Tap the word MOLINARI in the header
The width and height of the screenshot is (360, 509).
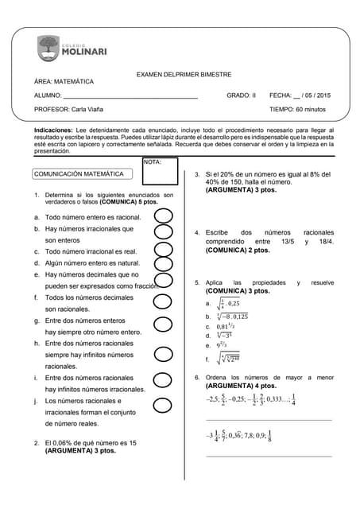[90, 53]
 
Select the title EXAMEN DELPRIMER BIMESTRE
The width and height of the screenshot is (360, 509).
[184, 75]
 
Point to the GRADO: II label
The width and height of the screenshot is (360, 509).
[241, 95]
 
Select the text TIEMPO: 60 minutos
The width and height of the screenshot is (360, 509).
[297, 109]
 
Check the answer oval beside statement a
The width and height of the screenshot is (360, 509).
[163, 216]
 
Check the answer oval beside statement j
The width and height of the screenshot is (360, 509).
[163, 406]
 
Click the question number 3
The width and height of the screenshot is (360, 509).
[196, 173]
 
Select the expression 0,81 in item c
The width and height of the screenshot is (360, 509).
[225, 325]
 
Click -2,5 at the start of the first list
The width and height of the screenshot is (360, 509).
[212, 399]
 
